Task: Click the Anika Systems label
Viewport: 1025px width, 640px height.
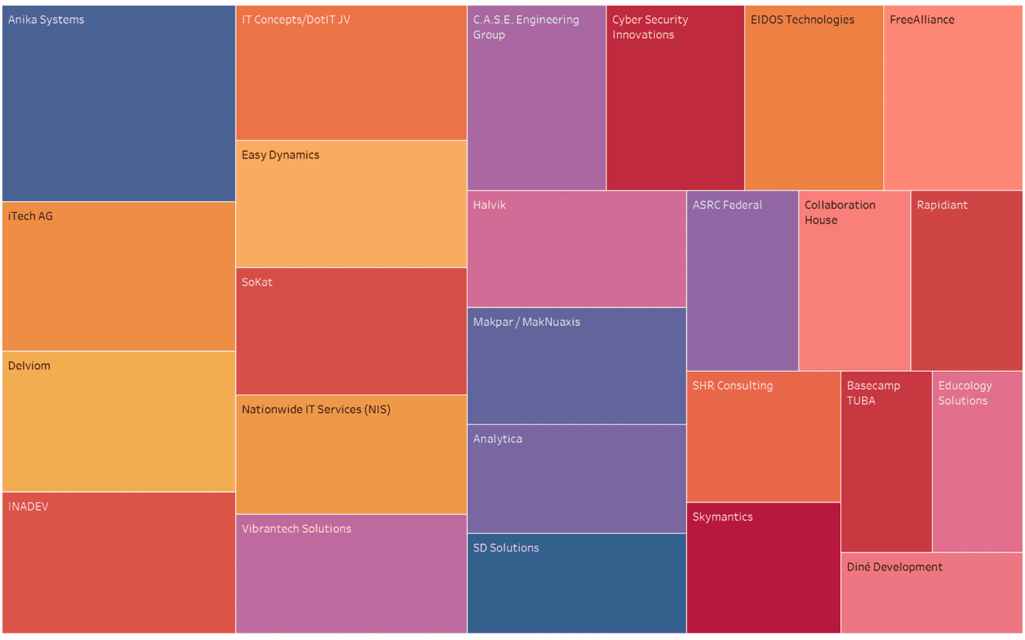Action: [x=46, y=20]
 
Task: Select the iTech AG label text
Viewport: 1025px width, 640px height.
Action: [x=30, y=216]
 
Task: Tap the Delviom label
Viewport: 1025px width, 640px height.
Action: [x=29, y=366]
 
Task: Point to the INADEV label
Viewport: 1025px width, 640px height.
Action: [x=28, y=506]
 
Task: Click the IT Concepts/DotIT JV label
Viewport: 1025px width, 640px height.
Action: [x=296, y=20]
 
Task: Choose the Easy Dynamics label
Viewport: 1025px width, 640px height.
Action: [x=280, y=155]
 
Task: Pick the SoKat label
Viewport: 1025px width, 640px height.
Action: [x=257, y=282]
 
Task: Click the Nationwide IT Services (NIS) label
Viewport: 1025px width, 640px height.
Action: [x=316, y=410]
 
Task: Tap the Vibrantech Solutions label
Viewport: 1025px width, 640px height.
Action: [x=296, y=529]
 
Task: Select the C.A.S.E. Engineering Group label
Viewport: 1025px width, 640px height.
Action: [x=526, y=27]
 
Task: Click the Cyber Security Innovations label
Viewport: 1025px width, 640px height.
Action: [x=650, y=27]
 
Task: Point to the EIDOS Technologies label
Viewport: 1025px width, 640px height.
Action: [x=802, y=20]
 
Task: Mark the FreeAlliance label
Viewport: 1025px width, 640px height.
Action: [x=922, y=20]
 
